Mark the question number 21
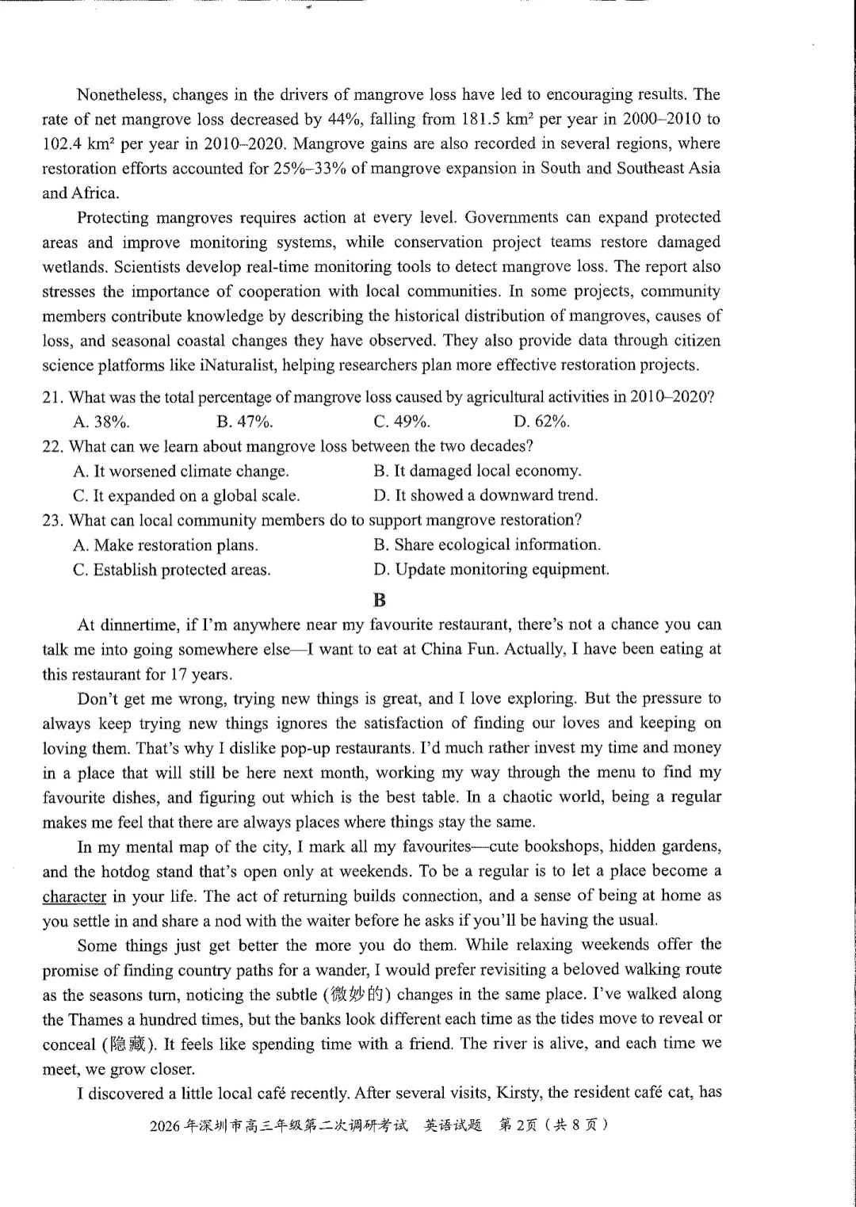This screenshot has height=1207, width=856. (52, 397)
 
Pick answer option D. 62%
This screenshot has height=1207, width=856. (541, 422)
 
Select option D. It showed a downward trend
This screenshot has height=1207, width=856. (485, 495)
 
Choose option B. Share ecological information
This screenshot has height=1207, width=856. (487, 544)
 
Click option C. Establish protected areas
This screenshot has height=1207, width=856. (171, 570)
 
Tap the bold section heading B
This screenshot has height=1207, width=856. (380, 599)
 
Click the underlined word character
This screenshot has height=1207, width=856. (74, 896)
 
